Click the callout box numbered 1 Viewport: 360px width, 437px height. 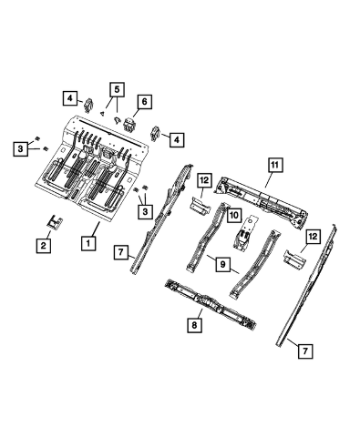(88, 243)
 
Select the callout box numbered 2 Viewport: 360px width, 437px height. (43, 245)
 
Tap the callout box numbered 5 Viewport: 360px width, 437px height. (117, 89)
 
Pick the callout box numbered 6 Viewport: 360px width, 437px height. (144, 102)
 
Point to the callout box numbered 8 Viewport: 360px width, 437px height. (194, 325)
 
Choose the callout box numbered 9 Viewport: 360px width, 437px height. (223, 265)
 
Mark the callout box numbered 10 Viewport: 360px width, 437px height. (234, 215)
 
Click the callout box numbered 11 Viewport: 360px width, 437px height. (275, 165)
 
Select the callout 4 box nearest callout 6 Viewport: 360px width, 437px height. (177, 139)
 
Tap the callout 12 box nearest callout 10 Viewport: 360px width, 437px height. (204, 180)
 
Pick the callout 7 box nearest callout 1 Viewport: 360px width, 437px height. (121, 252)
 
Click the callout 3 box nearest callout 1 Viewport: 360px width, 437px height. (145, 211)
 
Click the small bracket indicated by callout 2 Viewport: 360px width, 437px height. (55, 223)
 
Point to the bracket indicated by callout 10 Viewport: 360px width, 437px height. (245, 232)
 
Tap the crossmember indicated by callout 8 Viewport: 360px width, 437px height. (210, 304)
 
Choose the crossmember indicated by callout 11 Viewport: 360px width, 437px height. (262, 200)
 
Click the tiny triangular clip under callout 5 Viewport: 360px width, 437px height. (103, 114)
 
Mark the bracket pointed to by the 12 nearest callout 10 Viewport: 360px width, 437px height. (201, 205)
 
